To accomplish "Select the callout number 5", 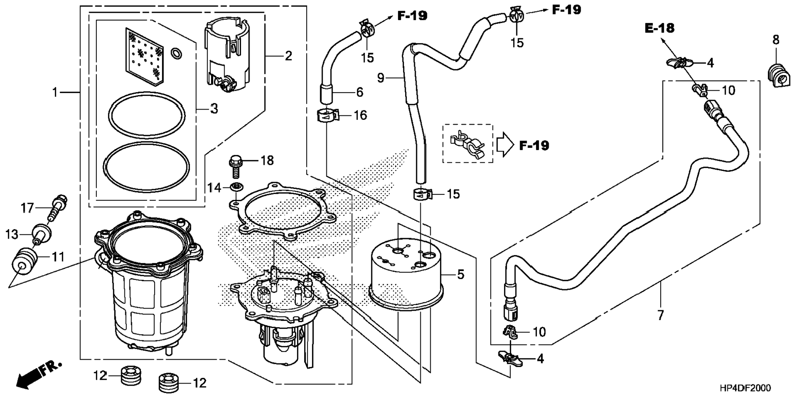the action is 461,274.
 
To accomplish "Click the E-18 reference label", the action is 659,28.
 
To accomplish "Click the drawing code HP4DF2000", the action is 745,388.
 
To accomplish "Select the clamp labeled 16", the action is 328,115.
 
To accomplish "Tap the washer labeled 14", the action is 236,187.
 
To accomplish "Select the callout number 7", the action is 661,316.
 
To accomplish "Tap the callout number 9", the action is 381,77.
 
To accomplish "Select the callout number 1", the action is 55,93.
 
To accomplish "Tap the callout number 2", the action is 288,56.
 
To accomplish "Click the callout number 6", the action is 360,92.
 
